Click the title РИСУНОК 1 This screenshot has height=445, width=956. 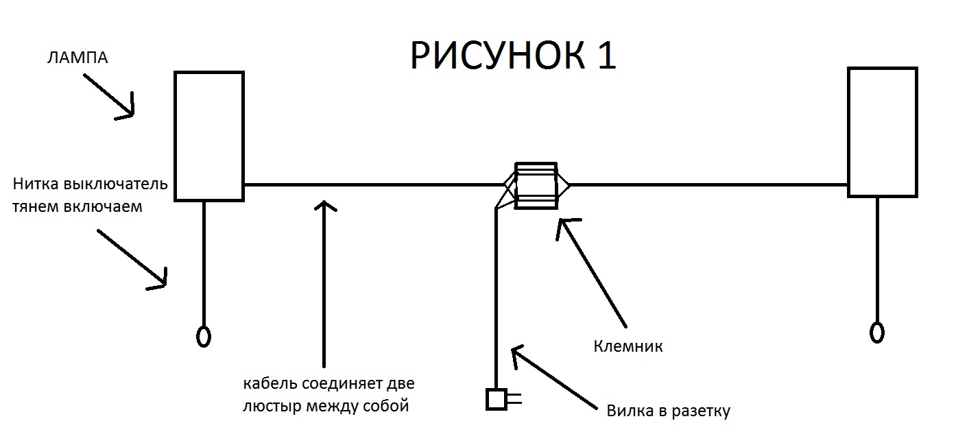pyautogui.click(x=513, y=55)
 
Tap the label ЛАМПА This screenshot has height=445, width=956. pyautogui.click(x=77, y=58)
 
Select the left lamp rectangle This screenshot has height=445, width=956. pyautogui.click(x=175, y=136)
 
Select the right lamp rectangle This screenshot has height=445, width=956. pyautogui.click(x=848, y=132)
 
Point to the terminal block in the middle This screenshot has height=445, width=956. pyautogui.click(x=536, y=186)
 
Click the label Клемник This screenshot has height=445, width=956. pyautogui.click(x=628, y=346)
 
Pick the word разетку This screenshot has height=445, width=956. pyautogui.click(x=701, y=411)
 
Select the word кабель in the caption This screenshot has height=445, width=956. pyautogui.click(x=270, y=383)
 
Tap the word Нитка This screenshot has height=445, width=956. pyautogui.click(x=36, y=184)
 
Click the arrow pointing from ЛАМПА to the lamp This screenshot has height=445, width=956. pyautogui.click(x=109, y=97)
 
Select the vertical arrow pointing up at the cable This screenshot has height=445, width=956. pyautogui.click(x=324, y=284)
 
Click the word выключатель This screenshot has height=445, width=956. pyautogui.click(x=115, y=184)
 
